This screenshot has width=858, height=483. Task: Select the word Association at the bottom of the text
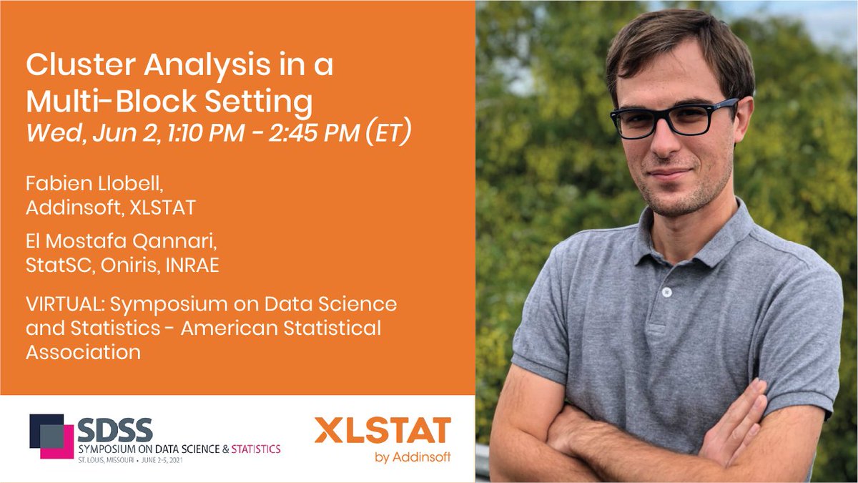[83, 351]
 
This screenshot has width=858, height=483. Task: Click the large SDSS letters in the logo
[114, 429]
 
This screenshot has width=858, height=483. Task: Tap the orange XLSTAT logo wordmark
[383, 431]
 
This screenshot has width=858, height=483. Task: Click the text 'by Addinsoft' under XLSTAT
[413, 457]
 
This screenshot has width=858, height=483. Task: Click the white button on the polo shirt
[666, 292]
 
